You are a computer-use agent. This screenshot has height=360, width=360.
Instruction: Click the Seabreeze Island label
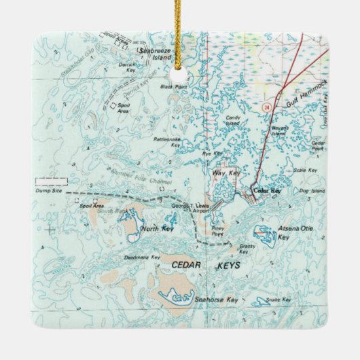(155, 54)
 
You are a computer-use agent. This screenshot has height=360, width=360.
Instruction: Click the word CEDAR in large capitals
(186, 265)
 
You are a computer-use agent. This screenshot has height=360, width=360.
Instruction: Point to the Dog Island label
(314, 191)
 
